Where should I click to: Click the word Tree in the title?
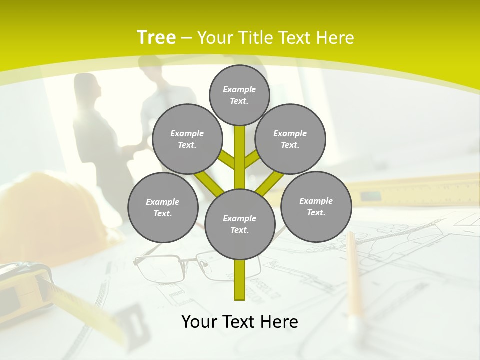point(156,37)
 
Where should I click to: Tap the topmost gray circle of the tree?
point(239,95)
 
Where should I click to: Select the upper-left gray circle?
point(187,139)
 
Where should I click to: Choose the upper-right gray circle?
point(290,139)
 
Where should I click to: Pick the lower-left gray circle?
point(163,207)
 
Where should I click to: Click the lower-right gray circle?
point(316,206)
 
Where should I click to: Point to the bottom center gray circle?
point(240,224)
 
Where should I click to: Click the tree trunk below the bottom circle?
point(240,280)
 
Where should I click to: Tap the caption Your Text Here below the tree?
point(240,322)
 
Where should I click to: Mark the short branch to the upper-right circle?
point(252,160)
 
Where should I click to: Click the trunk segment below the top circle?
point(240,155)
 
